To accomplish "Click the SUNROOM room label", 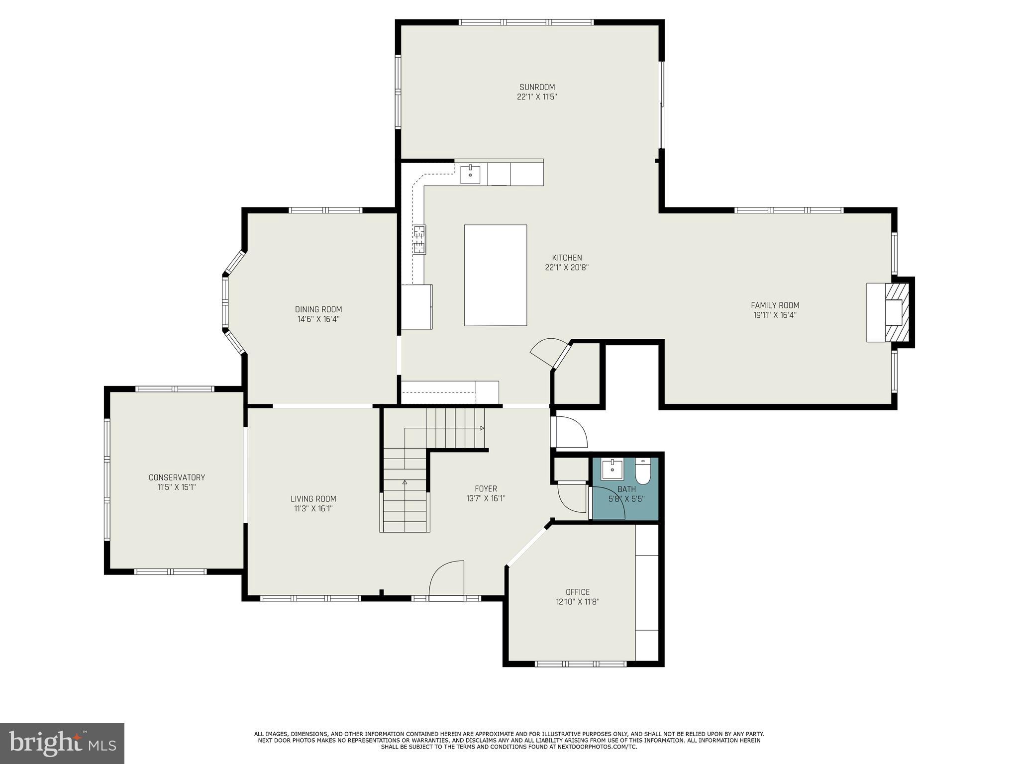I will click(x=537, y=87).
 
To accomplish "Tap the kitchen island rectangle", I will click(x=495, y=275).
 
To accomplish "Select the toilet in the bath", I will click(x=643, y=471).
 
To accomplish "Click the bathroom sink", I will click(x=612, y=469).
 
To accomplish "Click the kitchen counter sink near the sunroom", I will click(x=470, y=175).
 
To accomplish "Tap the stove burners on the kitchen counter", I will click(x=419, y=239).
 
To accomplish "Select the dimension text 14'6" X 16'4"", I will click(x=318, y=319).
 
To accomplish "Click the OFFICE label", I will click(x=578, y=592).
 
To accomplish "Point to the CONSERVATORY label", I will click(x=177, y=477).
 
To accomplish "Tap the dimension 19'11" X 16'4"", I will click(x=775, y=315).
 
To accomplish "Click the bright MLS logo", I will click(x=62, y=743).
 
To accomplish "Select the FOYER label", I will click(x=486, y=488).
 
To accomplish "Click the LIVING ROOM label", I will click(x=313, y=499).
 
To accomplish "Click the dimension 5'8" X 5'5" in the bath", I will click(x=626, y=499).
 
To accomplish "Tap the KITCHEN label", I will click(x=567, y=258).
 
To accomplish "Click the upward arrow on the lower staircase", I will click(x=405, y=481).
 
